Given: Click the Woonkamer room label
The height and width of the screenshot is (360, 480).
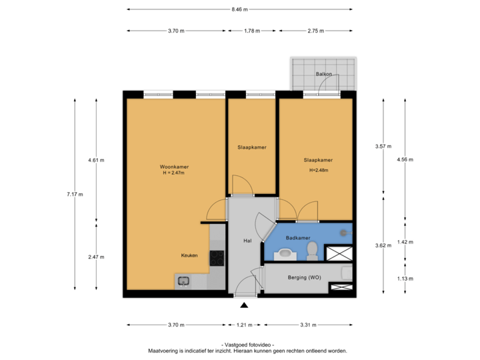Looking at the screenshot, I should coord(173,166).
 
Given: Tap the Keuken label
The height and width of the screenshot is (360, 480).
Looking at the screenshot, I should coord(189,255).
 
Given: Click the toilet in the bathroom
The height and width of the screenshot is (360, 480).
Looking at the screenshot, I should coord(311,251).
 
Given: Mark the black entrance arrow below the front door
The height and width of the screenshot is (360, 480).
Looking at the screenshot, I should coord(244,305).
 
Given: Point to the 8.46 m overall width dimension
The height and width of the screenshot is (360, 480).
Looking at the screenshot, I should coord(239,9).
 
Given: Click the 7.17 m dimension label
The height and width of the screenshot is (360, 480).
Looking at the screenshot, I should coord(73,194).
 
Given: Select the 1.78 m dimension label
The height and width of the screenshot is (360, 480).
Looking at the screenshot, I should coord(252,31).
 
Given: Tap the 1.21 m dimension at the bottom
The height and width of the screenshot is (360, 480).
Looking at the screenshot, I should coord(243,325).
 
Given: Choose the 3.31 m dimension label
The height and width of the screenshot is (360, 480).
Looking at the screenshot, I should coord(307,325).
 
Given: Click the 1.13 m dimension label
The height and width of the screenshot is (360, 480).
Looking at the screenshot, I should coord(405,278).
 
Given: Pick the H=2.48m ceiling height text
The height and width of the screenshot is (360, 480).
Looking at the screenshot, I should coord(318,170).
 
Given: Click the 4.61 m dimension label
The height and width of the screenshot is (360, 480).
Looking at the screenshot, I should coord(96,160).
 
